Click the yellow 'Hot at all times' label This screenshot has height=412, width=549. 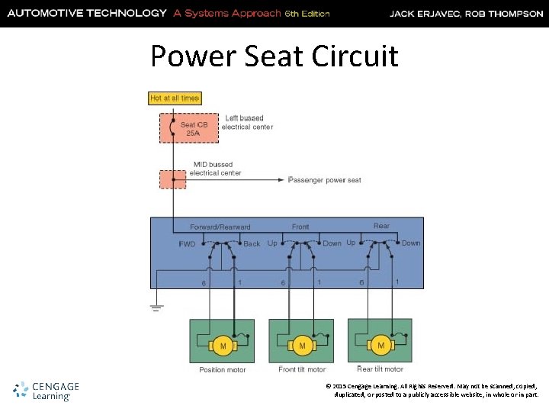(175, 98)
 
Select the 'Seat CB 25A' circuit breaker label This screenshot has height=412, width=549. (189, 128)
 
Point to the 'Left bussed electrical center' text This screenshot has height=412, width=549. (246, 122)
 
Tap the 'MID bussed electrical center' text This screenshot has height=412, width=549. (216, 169)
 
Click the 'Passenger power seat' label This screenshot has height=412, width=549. (325, 180)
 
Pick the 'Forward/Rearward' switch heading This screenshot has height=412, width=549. (220, 227)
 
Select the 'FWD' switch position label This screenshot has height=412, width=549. (187, 244)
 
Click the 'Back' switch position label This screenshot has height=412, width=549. (252, 244)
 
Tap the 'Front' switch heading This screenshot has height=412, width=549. (300, 227)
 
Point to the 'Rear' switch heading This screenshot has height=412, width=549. (381, 226)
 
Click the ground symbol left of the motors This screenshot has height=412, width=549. (156, 307)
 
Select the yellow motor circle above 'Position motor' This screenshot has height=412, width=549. (223, 346)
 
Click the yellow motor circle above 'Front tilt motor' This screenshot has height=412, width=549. (302, 346)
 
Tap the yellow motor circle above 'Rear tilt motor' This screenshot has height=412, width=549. (380, 346)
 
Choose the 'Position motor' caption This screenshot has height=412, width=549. (223, 369)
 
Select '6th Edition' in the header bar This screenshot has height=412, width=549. (307, 14)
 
